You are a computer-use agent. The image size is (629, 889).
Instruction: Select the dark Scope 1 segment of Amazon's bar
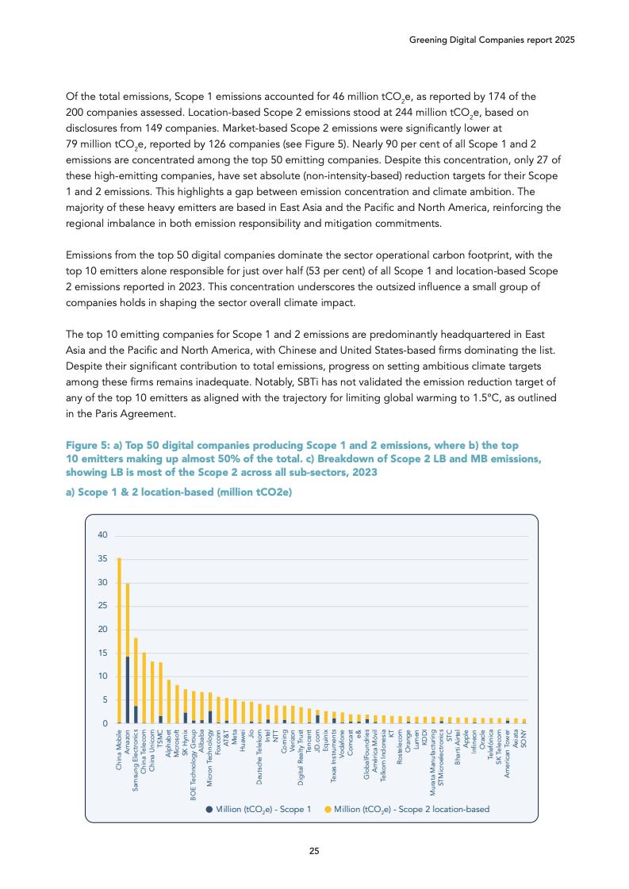pyautogui.click(x=127, y=690)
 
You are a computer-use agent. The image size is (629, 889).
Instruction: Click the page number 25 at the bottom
pyautogui.click(x=314, y=852)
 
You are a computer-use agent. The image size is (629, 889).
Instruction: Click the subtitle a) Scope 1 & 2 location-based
pyautogui.click(x=178, y=492)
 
